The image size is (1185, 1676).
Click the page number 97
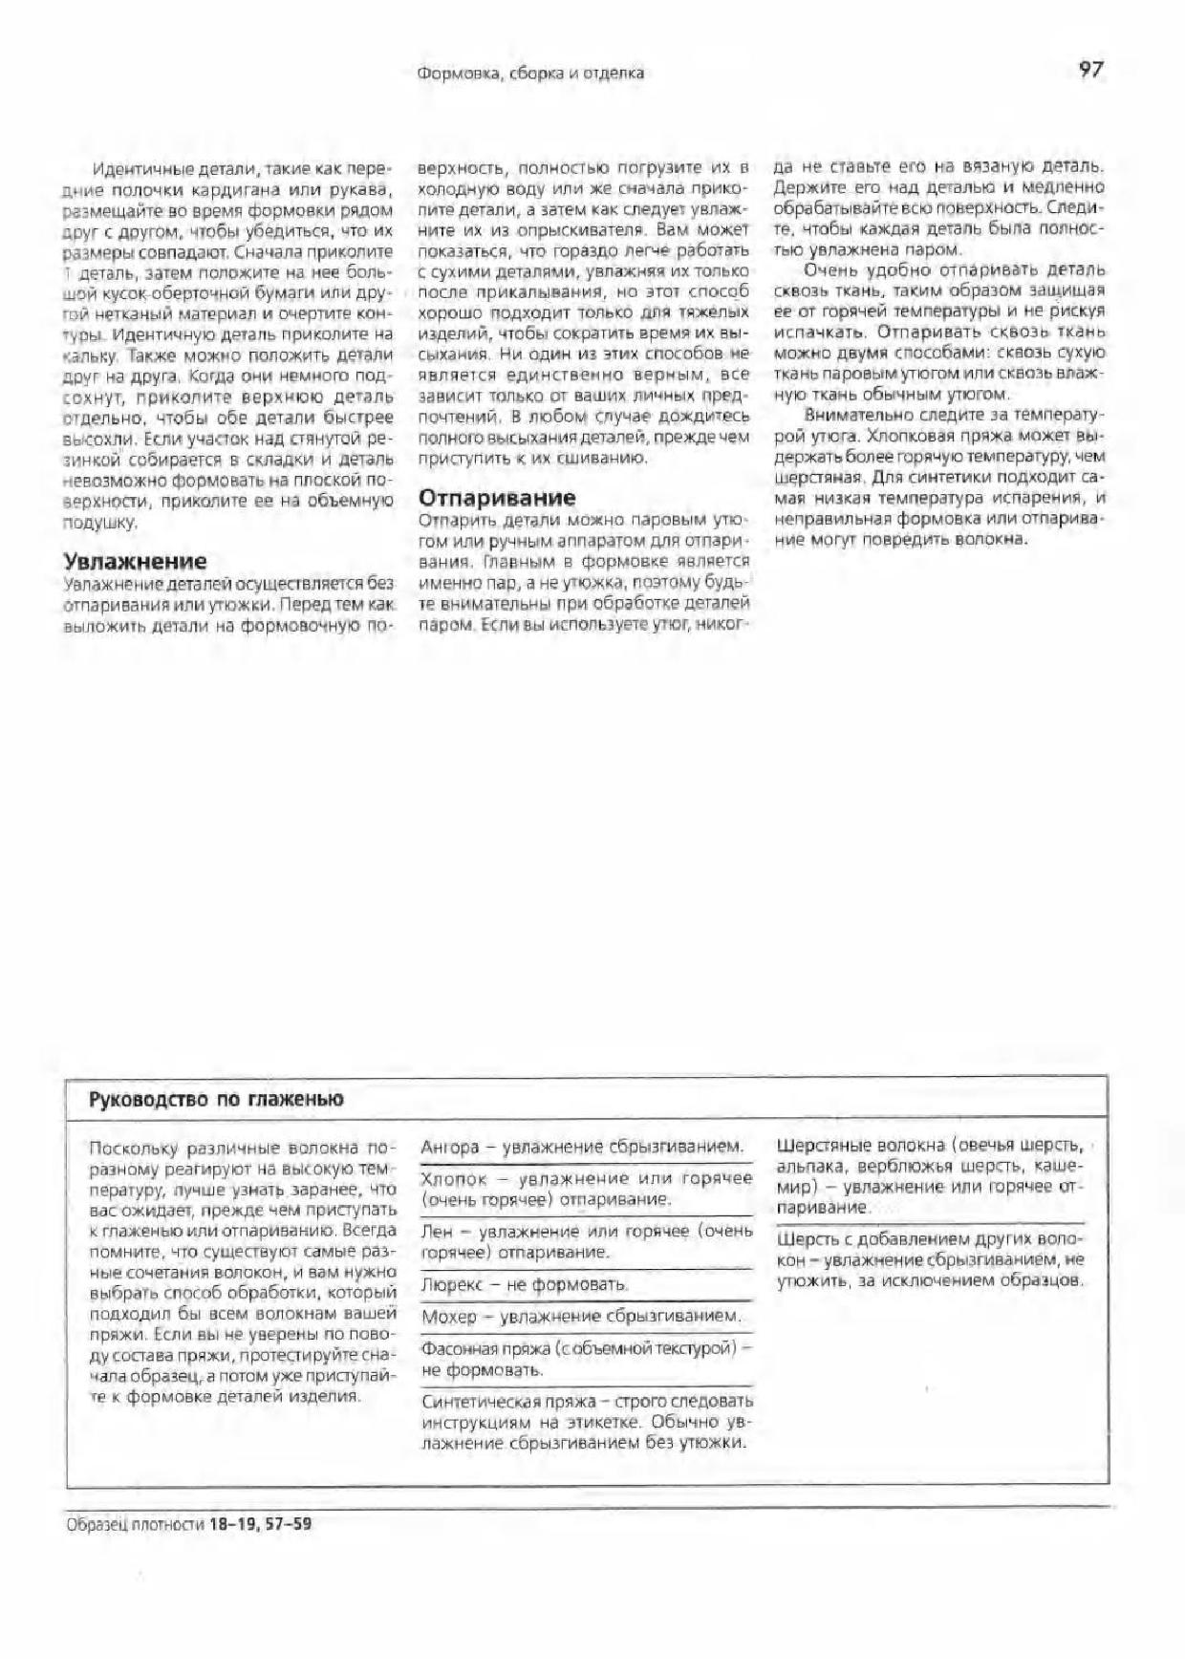pyautogui.click(x=1090, y=70)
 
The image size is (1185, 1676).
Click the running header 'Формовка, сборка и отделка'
pyautogui.click(x=530, y=73)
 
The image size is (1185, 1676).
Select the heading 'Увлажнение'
pyautogui.click(x=135, y=562)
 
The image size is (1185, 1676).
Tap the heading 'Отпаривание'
pyautogui.click(x=497, y=498)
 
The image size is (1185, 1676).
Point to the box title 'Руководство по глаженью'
pyautogui.click(x=216, y=1099)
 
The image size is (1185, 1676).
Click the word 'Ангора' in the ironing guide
pyautogui.click(x=449, y=1147)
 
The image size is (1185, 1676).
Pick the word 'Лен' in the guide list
pyautogui.click(x=436, y=1232)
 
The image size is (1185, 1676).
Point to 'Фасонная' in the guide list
pyautogui.click(x=458, y=1348)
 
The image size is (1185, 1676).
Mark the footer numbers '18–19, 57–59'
pyautogui.click(x=260, y=1524)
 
